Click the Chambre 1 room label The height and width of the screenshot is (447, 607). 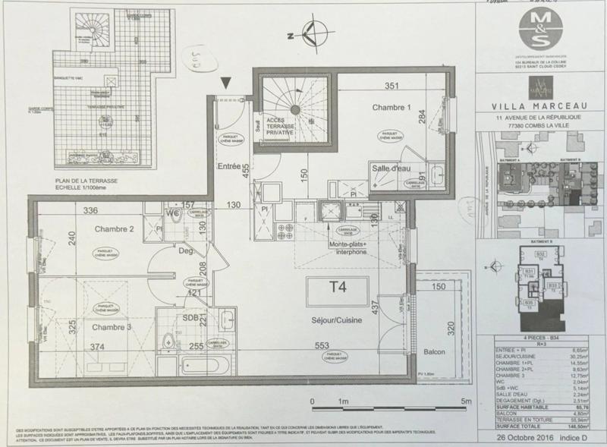390,108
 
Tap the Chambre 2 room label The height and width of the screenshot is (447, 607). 115,228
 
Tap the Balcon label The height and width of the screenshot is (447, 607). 435,353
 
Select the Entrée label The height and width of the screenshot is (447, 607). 229,166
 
